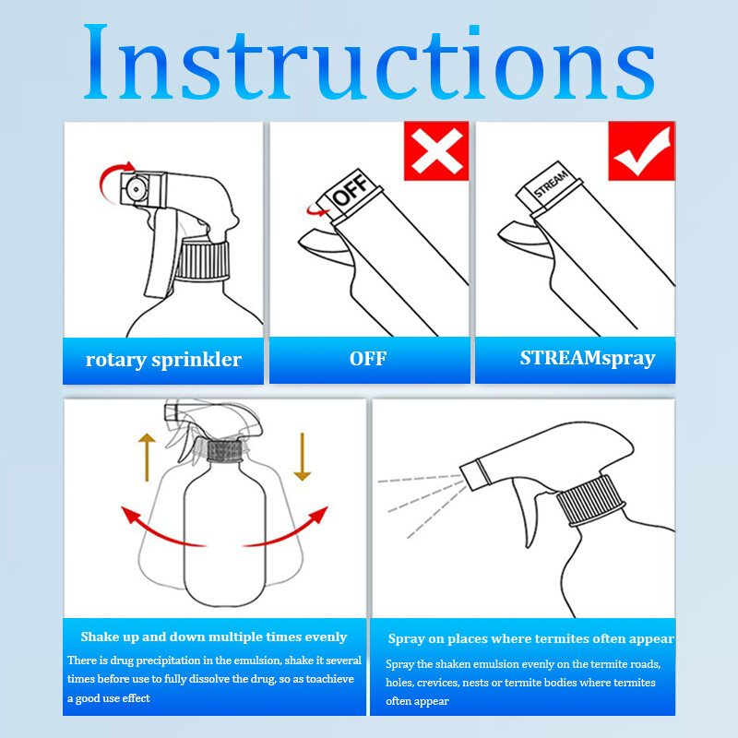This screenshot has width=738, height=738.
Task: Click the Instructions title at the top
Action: (369, 62)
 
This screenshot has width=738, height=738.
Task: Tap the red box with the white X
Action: (436, 150)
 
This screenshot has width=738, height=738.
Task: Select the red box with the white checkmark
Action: (641, 150)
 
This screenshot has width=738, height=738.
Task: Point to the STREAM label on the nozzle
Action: (551, 183)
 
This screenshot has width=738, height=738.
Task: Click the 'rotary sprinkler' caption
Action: (163, 360)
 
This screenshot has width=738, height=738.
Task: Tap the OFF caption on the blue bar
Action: (368, 359)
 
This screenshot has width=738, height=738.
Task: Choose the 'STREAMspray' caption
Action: (588, 358)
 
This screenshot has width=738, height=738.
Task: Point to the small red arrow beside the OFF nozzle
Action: (316, 211)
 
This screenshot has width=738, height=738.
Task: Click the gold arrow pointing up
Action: (147, 457)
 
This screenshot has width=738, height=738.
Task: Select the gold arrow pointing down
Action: (303, 457)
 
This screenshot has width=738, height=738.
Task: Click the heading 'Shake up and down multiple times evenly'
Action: (214, 637)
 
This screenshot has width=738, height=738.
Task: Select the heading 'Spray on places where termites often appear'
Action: (531, 638)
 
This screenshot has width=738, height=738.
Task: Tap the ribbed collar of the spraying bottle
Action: (591, 500)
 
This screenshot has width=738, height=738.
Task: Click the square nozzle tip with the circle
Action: (136, 189)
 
